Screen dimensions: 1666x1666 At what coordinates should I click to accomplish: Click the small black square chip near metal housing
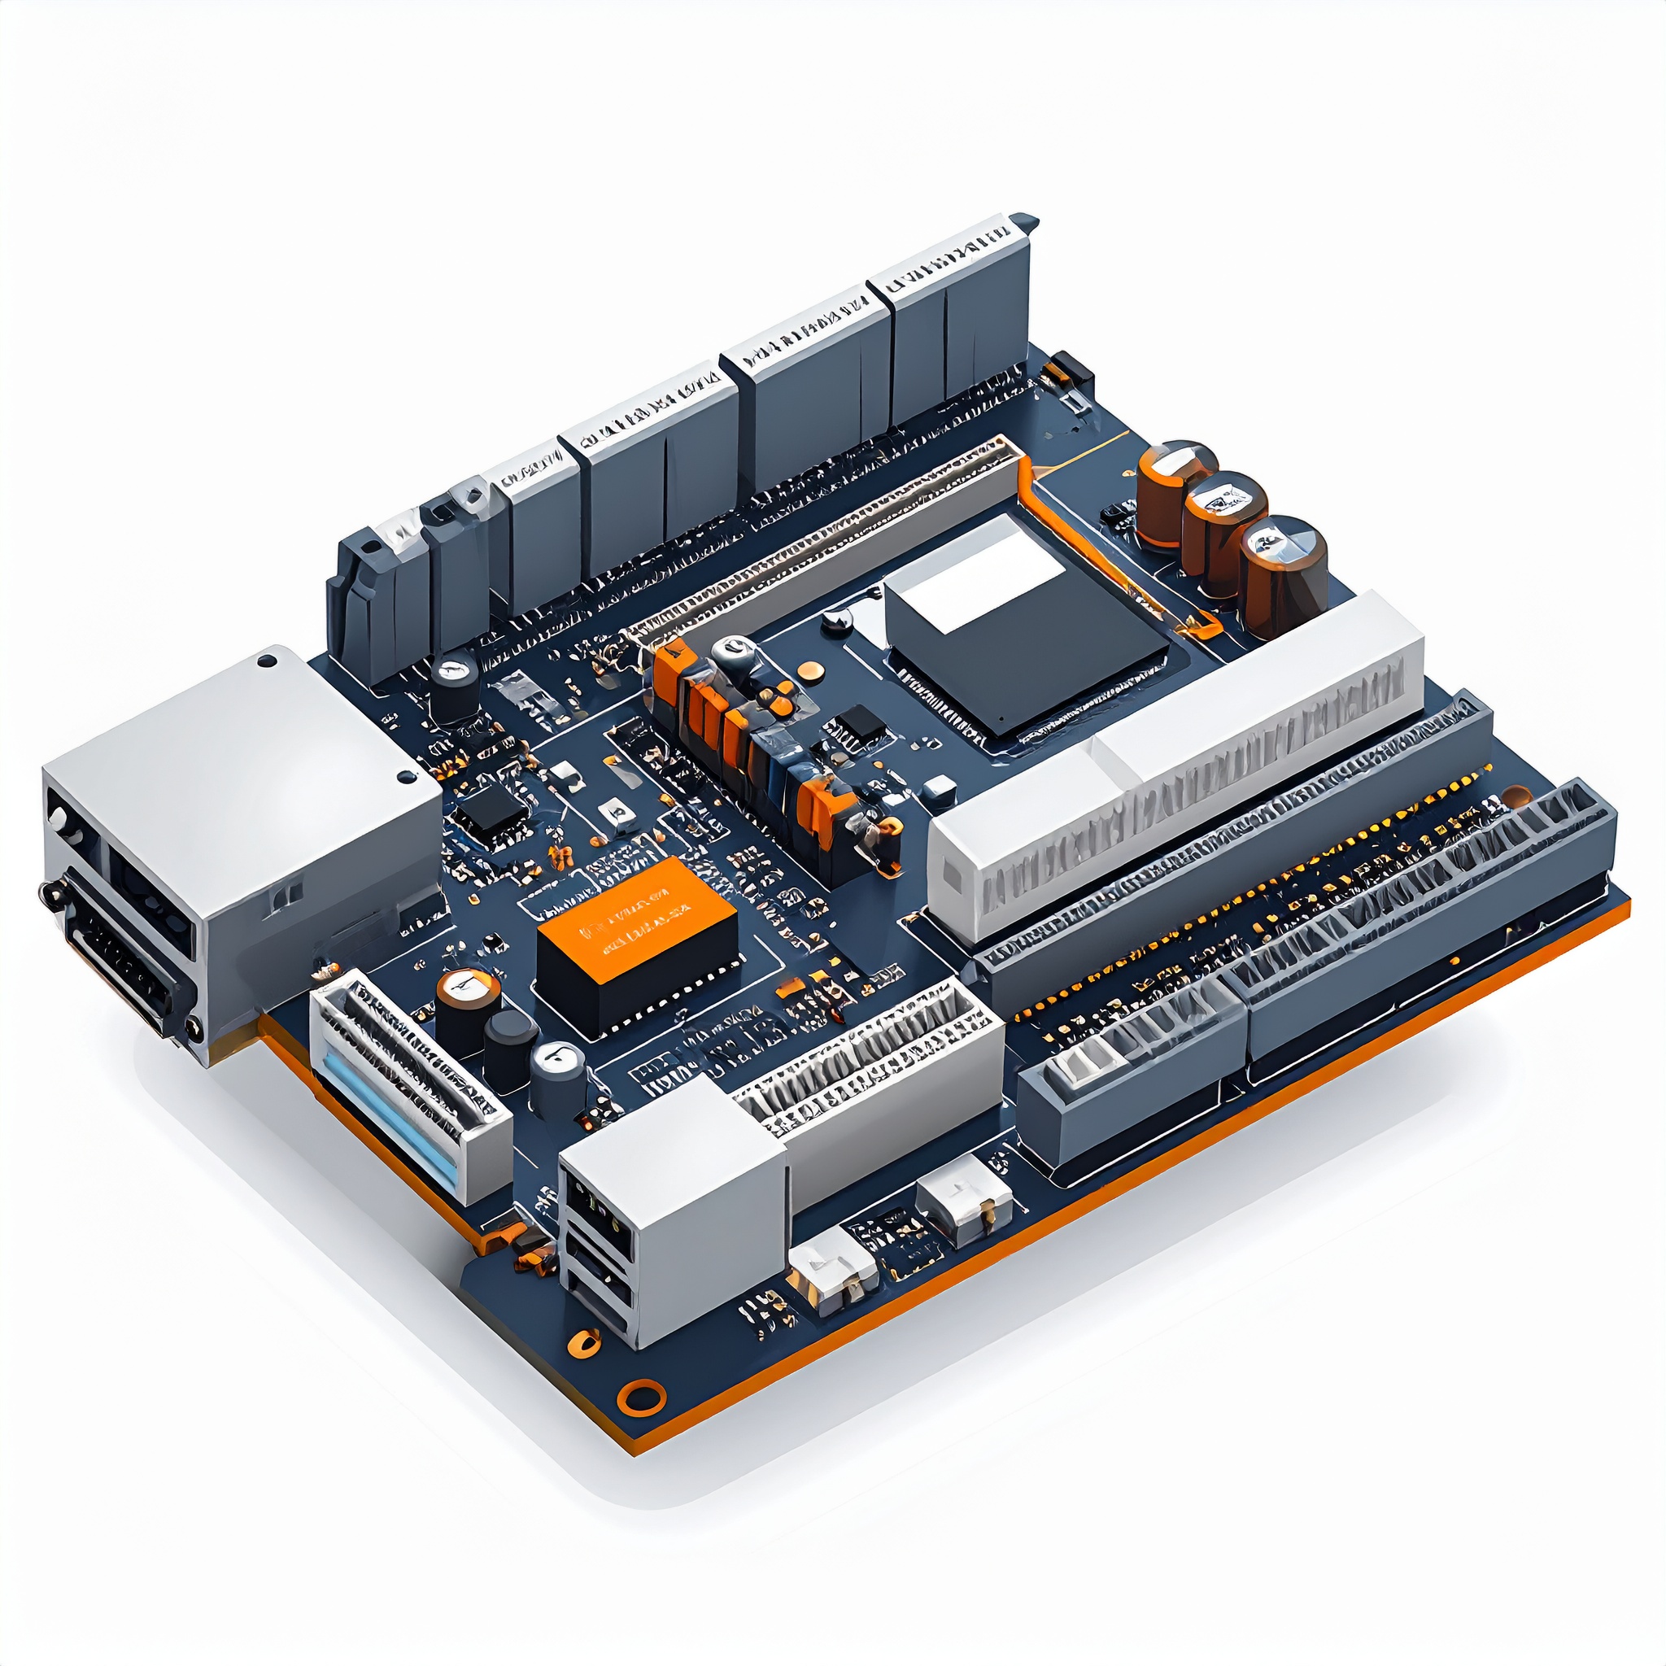click(490, 810)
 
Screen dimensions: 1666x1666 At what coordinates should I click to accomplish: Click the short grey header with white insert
click(1130, 1078)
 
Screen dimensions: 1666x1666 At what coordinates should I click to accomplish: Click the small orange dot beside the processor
click(809, 669)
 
